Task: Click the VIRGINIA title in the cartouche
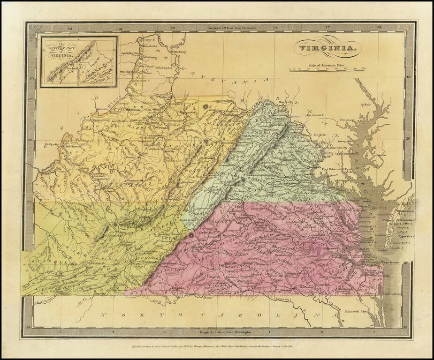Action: pos(328,48)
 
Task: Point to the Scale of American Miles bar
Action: pos(327,69)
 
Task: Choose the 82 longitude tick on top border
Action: pos(70,29)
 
